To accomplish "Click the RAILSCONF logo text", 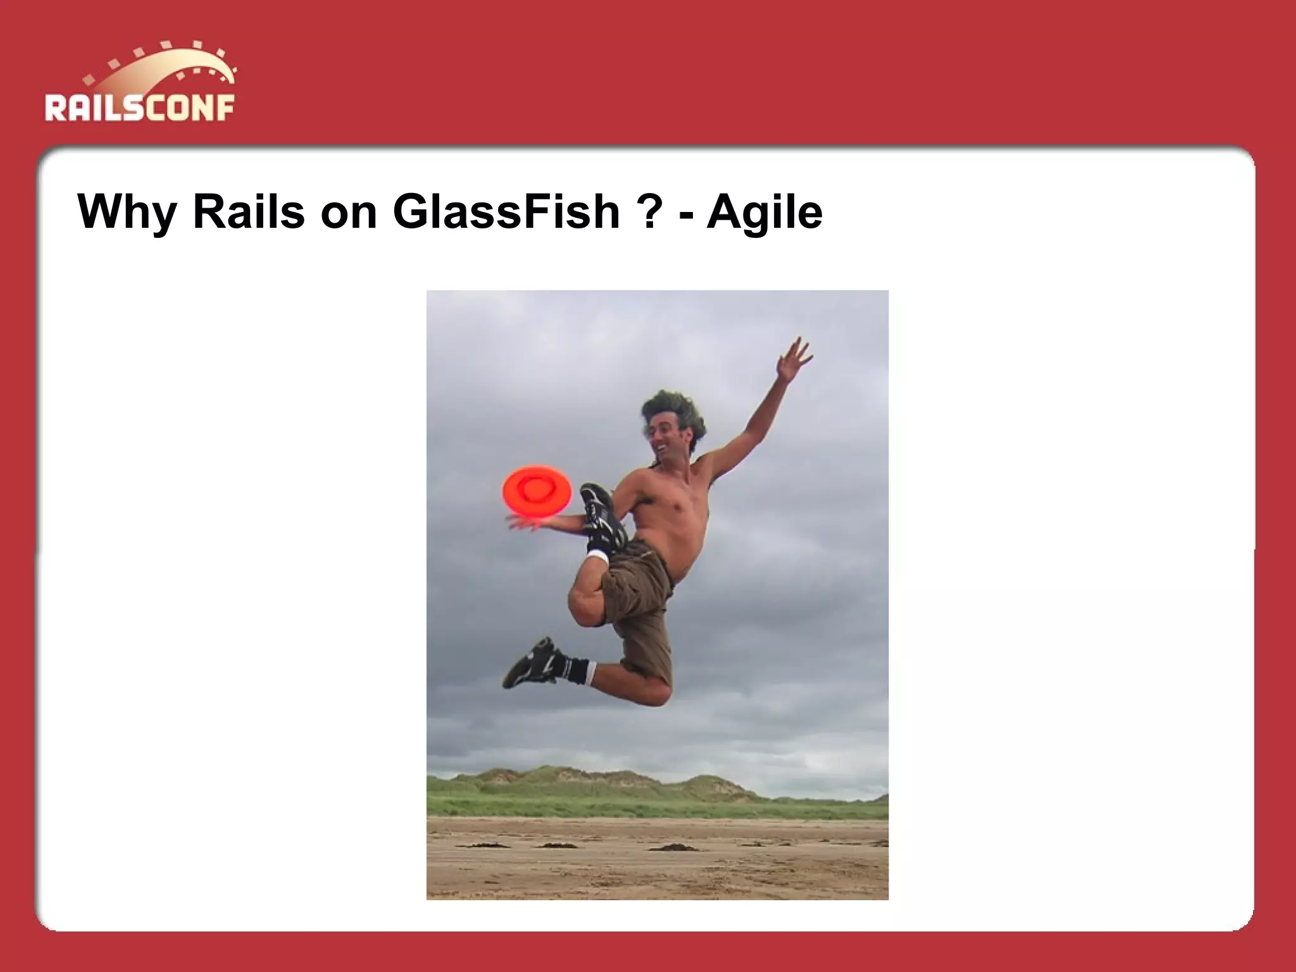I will (139, 108).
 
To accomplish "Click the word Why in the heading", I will (127, 212).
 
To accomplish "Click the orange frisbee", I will (537, 488).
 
